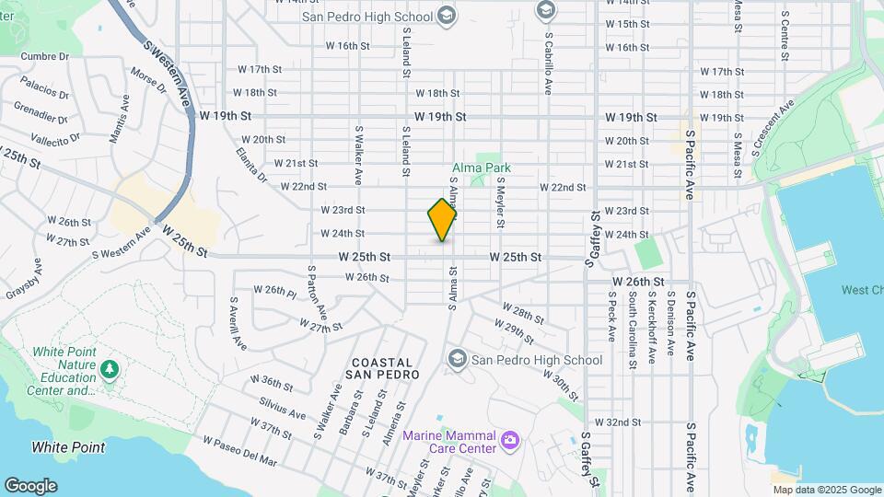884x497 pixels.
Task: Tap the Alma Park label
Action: click(x=481, y=168)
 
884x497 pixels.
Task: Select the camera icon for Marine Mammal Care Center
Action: click(x=509, y=442)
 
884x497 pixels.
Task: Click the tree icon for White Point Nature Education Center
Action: click(x=110, y=369)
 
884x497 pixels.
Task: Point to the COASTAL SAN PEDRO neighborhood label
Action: click(x=382, y=369)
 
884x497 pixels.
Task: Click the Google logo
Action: click(x=30, y=485)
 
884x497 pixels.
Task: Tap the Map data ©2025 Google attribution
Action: click(x=827, y=491)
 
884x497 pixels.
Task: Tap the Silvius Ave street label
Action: click(x=283, y=409)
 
